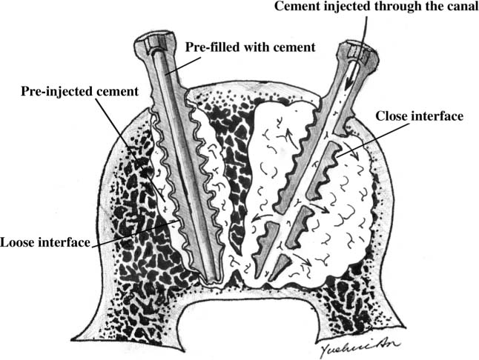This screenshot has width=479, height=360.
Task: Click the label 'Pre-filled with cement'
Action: point(251,47)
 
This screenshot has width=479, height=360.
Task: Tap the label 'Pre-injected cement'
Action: point(80,91)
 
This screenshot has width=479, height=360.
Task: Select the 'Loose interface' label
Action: point(45,242)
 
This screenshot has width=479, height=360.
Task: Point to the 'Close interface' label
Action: point(420,116)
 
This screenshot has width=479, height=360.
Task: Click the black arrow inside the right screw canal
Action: point(350,76)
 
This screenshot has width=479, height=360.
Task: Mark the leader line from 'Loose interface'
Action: point(134,233)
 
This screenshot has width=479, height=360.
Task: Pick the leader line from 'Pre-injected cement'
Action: point(131,150)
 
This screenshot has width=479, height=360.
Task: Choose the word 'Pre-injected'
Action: point(57,91)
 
